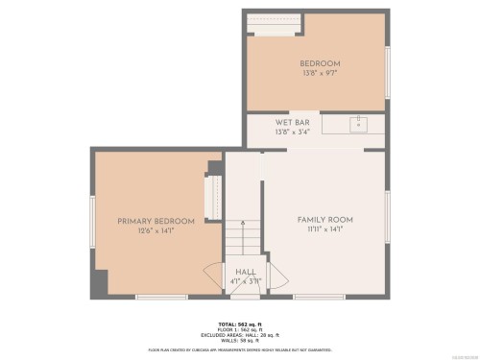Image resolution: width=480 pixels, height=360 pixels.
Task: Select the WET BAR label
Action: click(292, 122)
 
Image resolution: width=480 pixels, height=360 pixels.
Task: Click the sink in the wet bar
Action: click(356, 124)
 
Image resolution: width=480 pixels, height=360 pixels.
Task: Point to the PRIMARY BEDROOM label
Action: click(156, 221)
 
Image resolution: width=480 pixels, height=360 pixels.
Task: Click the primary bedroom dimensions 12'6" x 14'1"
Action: click(156, 231)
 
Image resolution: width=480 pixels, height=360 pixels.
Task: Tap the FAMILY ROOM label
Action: click(324, 220)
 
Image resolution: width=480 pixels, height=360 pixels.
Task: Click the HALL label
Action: click(245, 272)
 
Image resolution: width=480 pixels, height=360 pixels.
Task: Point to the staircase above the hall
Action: click(244, 240)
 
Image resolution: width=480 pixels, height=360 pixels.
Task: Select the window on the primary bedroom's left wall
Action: click(93, 220)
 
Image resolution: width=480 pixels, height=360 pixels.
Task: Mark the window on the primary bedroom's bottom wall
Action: click(161, 297)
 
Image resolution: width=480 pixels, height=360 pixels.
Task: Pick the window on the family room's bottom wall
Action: click(319, 297)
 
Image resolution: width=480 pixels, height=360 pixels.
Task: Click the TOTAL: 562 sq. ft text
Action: click(241, 324)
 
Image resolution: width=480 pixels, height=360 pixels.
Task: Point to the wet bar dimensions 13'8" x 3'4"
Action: click(292, 132)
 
